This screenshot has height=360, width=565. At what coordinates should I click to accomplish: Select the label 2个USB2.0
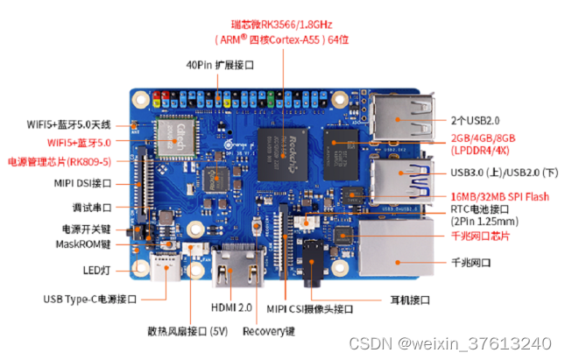coord(476,119)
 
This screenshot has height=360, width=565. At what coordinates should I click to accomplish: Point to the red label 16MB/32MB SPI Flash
coord(500,196)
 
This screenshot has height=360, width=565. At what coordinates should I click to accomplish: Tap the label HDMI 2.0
coord(231,307)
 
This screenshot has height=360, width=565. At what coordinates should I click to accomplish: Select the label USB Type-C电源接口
coord(90,299)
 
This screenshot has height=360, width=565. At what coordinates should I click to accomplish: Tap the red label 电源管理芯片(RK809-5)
coord(59,161)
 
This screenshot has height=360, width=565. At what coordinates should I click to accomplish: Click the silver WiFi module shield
coord(175,135)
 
